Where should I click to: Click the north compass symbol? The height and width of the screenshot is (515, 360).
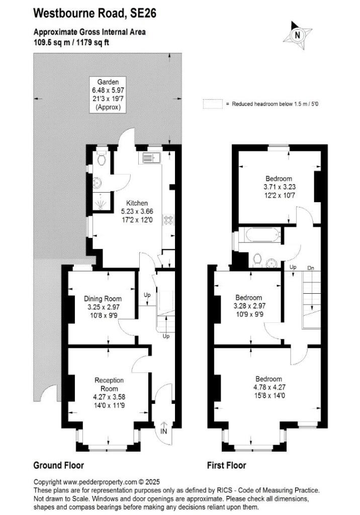click(x=297, y=35)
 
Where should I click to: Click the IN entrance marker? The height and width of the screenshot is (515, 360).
click(x=163, y=431)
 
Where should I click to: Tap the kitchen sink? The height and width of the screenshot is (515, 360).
click(x=150, y=158)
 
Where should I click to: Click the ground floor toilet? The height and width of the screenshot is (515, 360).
click(x=102, y=159)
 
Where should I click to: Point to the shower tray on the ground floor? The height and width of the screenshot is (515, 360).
click(x=102, y=203)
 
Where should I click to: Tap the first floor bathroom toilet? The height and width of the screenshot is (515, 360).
click(x=257, y=259)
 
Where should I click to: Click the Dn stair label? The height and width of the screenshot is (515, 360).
click(x=311, y=268)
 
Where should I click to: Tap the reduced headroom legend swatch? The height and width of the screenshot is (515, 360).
click(x=212, y=104)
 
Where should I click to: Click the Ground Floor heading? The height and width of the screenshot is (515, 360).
click(x=58, y=465)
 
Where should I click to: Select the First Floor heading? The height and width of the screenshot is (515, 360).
click(x=226, y=465)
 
